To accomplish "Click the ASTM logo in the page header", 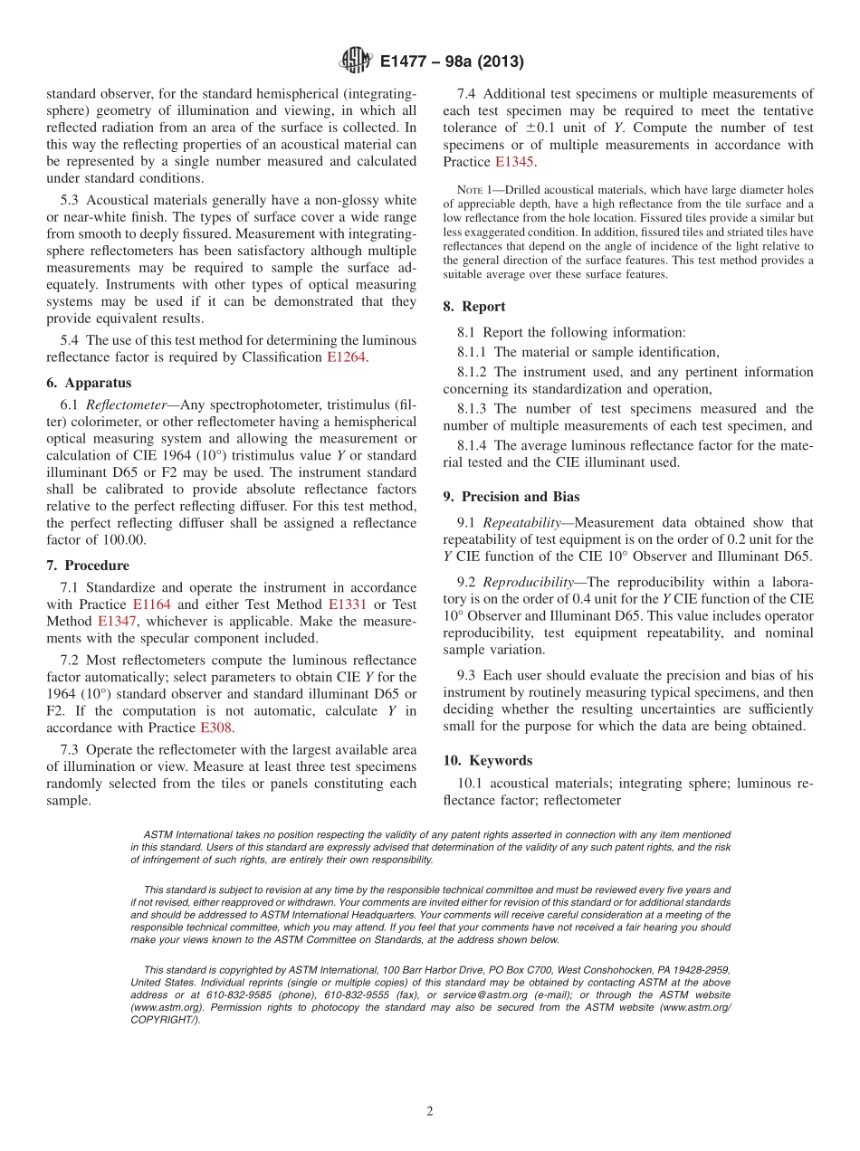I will (355, 62).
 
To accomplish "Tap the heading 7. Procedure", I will (88, 566).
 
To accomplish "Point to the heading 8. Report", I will (474, 307).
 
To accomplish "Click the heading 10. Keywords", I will (488, 760).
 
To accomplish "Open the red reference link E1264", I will (347, 357).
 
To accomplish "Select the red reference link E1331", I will (349, 604).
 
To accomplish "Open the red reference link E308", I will (215, 728).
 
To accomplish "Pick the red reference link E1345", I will (514, 162).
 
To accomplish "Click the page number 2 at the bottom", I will (430, 1111).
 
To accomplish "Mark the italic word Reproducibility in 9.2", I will (528, 582).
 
